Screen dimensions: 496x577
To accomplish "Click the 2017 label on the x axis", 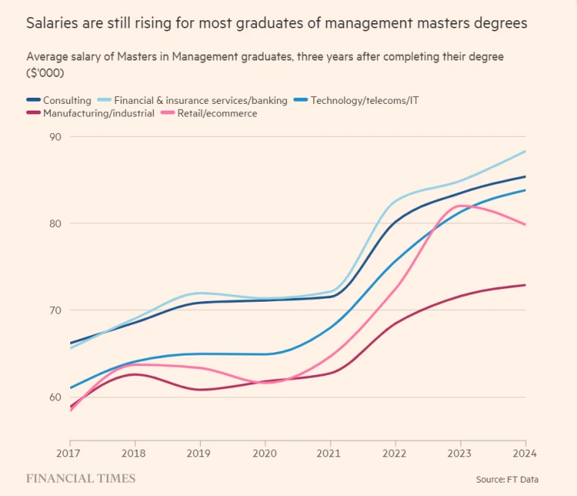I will pos(68,453).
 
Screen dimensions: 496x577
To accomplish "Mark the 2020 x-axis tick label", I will pos(264,453).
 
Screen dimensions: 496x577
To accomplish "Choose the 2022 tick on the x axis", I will pos(395,453).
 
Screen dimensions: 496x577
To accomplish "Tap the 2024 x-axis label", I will pos(525,453).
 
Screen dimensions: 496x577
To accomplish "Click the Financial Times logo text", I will pos(81,478).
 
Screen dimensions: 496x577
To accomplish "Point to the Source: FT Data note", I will pos(507,479).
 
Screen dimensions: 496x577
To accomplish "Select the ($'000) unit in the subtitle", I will pos(45,73).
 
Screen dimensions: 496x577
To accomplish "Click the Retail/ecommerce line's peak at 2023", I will pos(461,205).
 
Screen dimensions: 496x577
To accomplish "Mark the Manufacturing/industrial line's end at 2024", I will pos(525,285).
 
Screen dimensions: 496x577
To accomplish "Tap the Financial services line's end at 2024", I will pos(525,152).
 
